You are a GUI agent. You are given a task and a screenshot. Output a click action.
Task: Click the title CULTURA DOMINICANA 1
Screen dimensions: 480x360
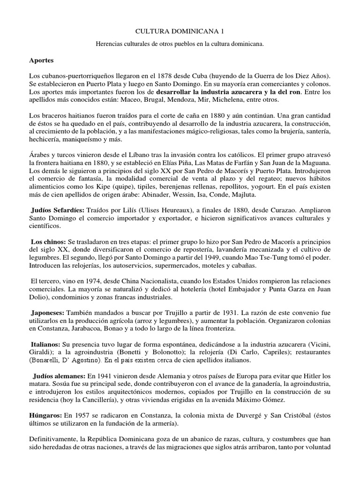click(180, 32)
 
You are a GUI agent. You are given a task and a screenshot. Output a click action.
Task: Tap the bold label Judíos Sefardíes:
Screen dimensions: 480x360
click(58, 211)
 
